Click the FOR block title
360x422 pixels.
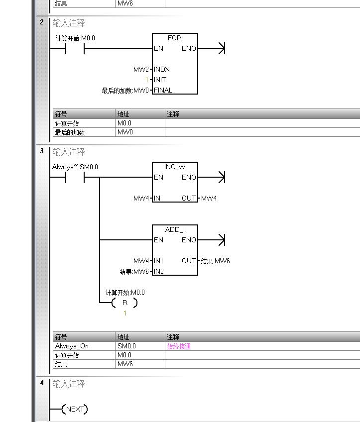[x=175, y=38]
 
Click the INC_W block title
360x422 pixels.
[x=175, y=167]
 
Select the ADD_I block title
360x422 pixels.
[x=175, y=229]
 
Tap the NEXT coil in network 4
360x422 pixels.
[x=75, y=409]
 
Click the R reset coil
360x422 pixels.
[x=124, y=303]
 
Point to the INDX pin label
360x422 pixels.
[x=162, y=69]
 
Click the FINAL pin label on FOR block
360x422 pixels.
[x=163, y=90]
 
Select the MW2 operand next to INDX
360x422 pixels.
[x=141, y=69]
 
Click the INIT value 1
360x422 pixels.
[x=147, y=80]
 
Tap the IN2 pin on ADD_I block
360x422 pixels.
[x=158, y=271]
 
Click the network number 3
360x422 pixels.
[x=42, y=151]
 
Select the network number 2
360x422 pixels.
[x=42, y=22]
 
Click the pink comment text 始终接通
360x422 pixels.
[x=179, y=346]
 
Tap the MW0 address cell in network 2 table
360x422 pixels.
[x=125, y=132]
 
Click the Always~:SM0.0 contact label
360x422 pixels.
[x=75, y=167]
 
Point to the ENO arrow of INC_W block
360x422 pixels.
[x=219, y=177]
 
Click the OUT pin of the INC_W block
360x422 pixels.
[x=189, y=198]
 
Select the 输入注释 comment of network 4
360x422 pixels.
[x=69, y=384]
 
